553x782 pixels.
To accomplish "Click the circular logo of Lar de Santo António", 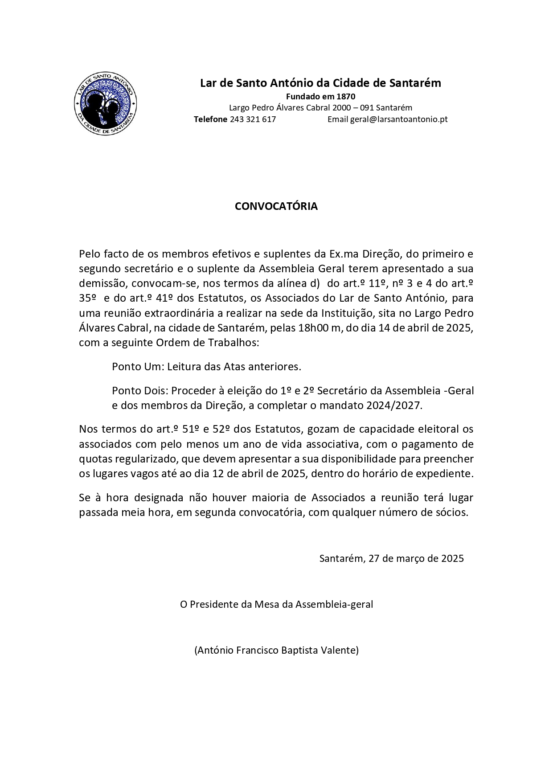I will pos(106,103).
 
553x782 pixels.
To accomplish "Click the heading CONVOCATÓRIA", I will pos(276,206).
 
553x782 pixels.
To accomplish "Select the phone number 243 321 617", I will pos(253,119).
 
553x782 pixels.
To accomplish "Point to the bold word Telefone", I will pos(210,119).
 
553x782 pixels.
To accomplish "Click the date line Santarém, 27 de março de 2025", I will pos(391,558).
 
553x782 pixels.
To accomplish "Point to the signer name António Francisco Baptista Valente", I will pos(276,650).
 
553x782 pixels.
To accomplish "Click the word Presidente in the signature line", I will pos(213,604).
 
